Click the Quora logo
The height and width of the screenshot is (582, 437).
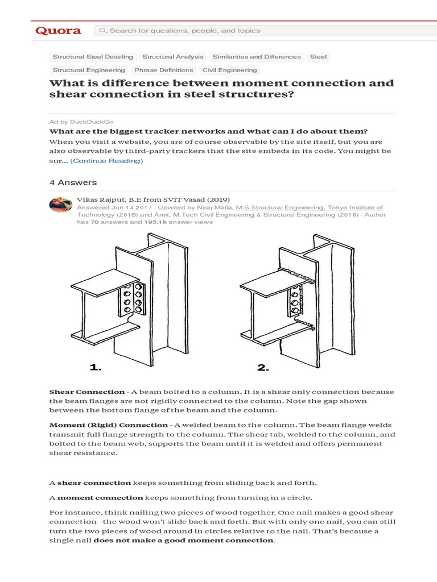[58, 31]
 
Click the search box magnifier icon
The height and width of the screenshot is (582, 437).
[104, 31]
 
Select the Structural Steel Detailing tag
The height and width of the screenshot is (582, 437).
[93, 57]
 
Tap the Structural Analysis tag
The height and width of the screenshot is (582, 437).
[172, 57]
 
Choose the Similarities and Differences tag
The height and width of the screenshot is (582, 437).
[257, 57]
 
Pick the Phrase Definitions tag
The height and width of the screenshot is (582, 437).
[163, 70]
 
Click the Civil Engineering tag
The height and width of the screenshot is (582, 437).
[230, 70]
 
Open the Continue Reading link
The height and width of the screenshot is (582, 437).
[106, 161]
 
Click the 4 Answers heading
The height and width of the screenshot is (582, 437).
[73, 182]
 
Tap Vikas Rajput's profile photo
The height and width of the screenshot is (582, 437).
[61, 205]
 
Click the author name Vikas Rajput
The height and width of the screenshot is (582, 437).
[100, 199]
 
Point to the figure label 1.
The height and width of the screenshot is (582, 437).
[96, 368]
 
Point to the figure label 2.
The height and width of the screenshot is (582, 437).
[262, 368]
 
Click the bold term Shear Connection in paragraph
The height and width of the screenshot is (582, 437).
[86, 392]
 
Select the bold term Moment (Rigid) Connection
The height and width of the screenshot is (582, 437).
[108, 425]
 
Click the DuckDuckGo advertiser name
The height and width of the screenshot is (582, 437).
[90, 122]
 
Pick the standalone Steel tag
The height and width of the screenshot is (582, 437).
[318, 57]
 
